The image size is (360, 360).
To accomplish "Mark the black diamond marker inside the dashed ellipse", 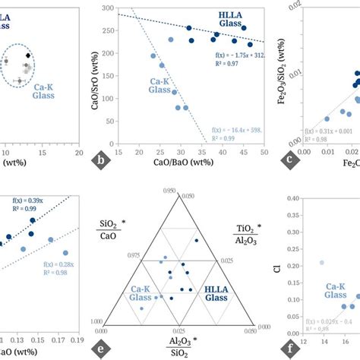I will click(28, 55).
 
